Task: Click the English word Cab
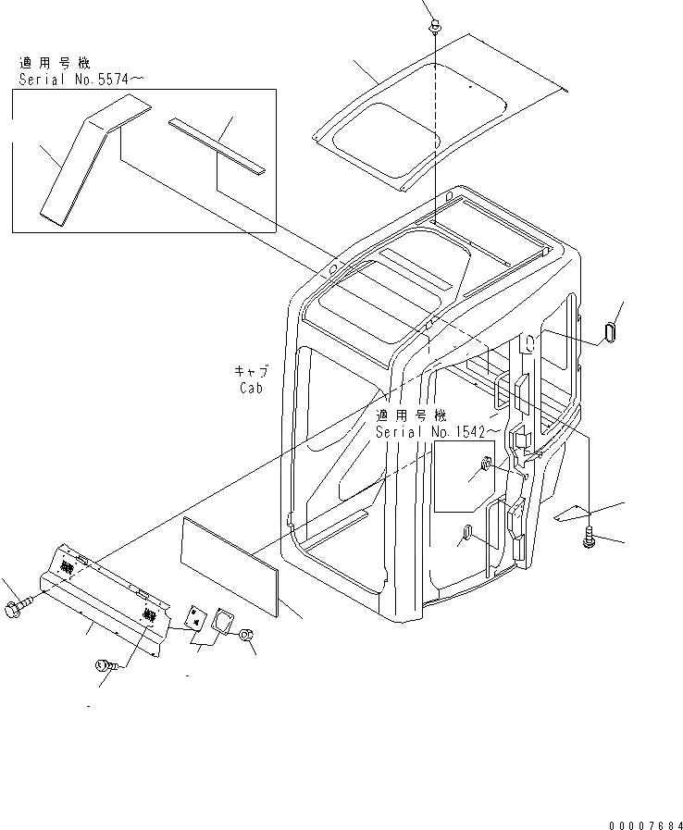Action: [250, 388]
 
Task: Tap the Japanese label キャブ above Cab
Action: [250, 372]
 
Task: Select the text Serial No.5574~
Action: [81, 80]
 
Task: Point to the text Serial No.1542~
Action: [439, 431]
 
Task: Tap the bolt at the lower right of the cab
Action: [590, 537]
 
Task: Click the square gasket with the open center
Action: [223, 621]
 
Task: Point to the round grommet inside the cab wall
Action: [485, 465]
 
